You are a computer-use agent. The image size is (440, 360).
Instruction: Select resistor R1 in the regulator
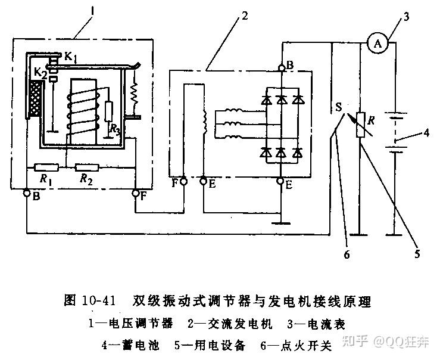coord(46,167)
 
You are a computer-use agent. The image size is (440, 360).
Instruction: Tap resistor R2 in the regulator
coord(87,167)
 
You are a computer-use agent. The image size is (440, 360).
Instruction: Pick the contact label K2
coord(39,73)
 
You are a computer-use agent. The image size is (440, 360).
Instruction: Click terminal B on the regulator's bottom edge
coord(27,193)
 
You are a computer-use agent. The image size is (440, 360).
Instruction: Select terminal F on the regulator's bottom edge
coord(135,193)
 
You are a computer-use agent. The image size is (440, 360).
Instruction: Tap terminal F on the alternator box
coord(183,181)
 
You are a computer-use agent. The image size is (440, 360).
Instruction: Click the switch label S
coord(338,109)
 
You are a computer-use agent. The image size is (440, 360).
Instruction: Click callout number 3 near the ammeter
coord(406,16)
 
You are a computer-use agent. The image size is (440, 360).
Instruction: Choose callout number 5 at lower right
coord(417,253)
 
